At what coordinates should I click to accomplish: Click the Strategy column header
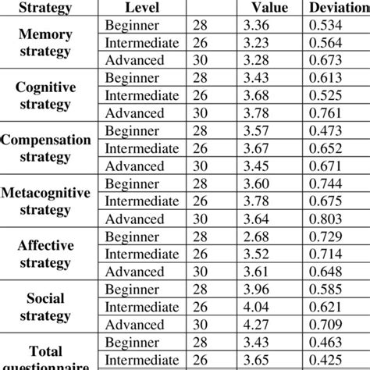(44, 8)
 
